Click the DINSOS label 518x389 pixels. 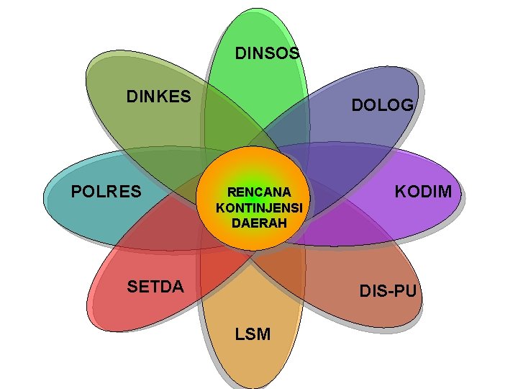point(268,53)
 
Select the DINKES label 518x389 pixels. point(159,96)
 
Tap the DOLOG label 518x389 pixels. point(382,105)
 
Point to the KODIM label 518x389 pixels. point(424,191)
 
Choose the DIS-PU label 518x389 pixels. point(388,291)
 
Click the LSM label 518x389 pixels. point(253,334)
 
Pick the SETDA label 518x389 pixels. point(155,287)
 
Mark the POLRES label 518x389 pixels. point(106,192)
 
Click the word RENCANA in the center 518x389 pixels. point(259,192)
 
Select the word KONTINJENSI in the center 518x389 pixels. point(260,207)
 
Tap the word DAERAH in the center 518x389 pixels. point(259,223)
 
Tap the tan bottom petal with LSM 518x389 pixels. point(252,360)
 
